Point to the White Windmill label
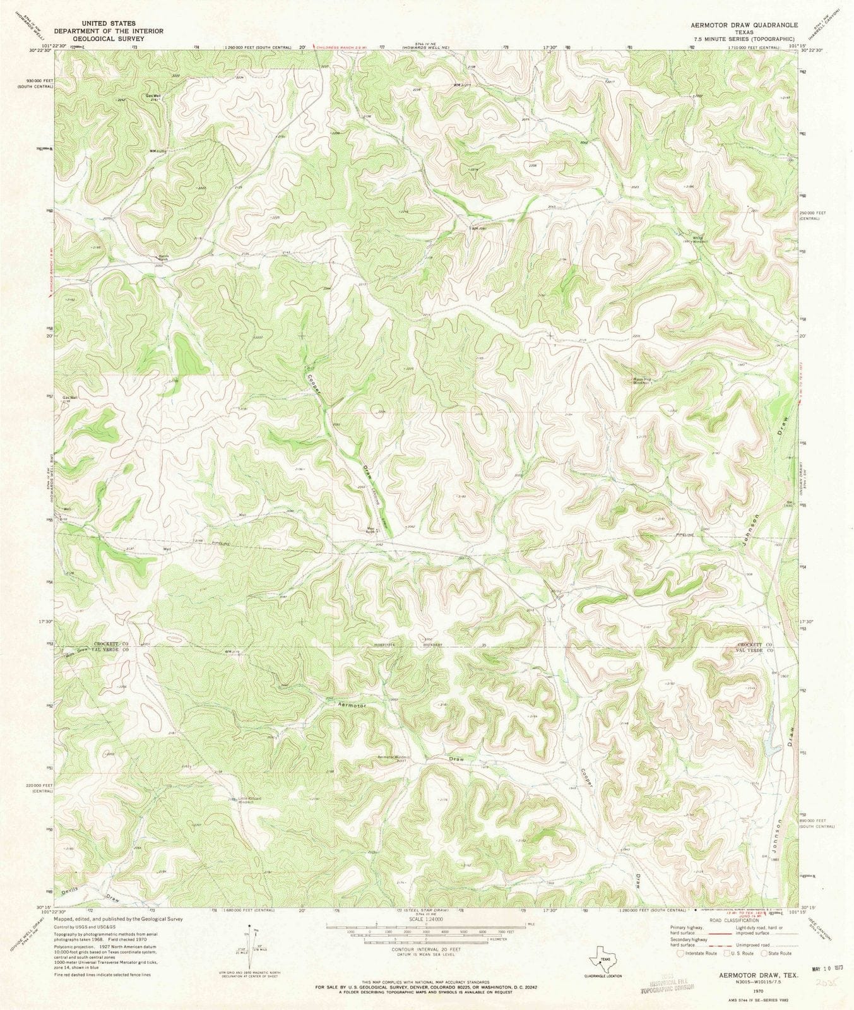pos(701,239)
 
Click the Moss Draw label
pos(78,653)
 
